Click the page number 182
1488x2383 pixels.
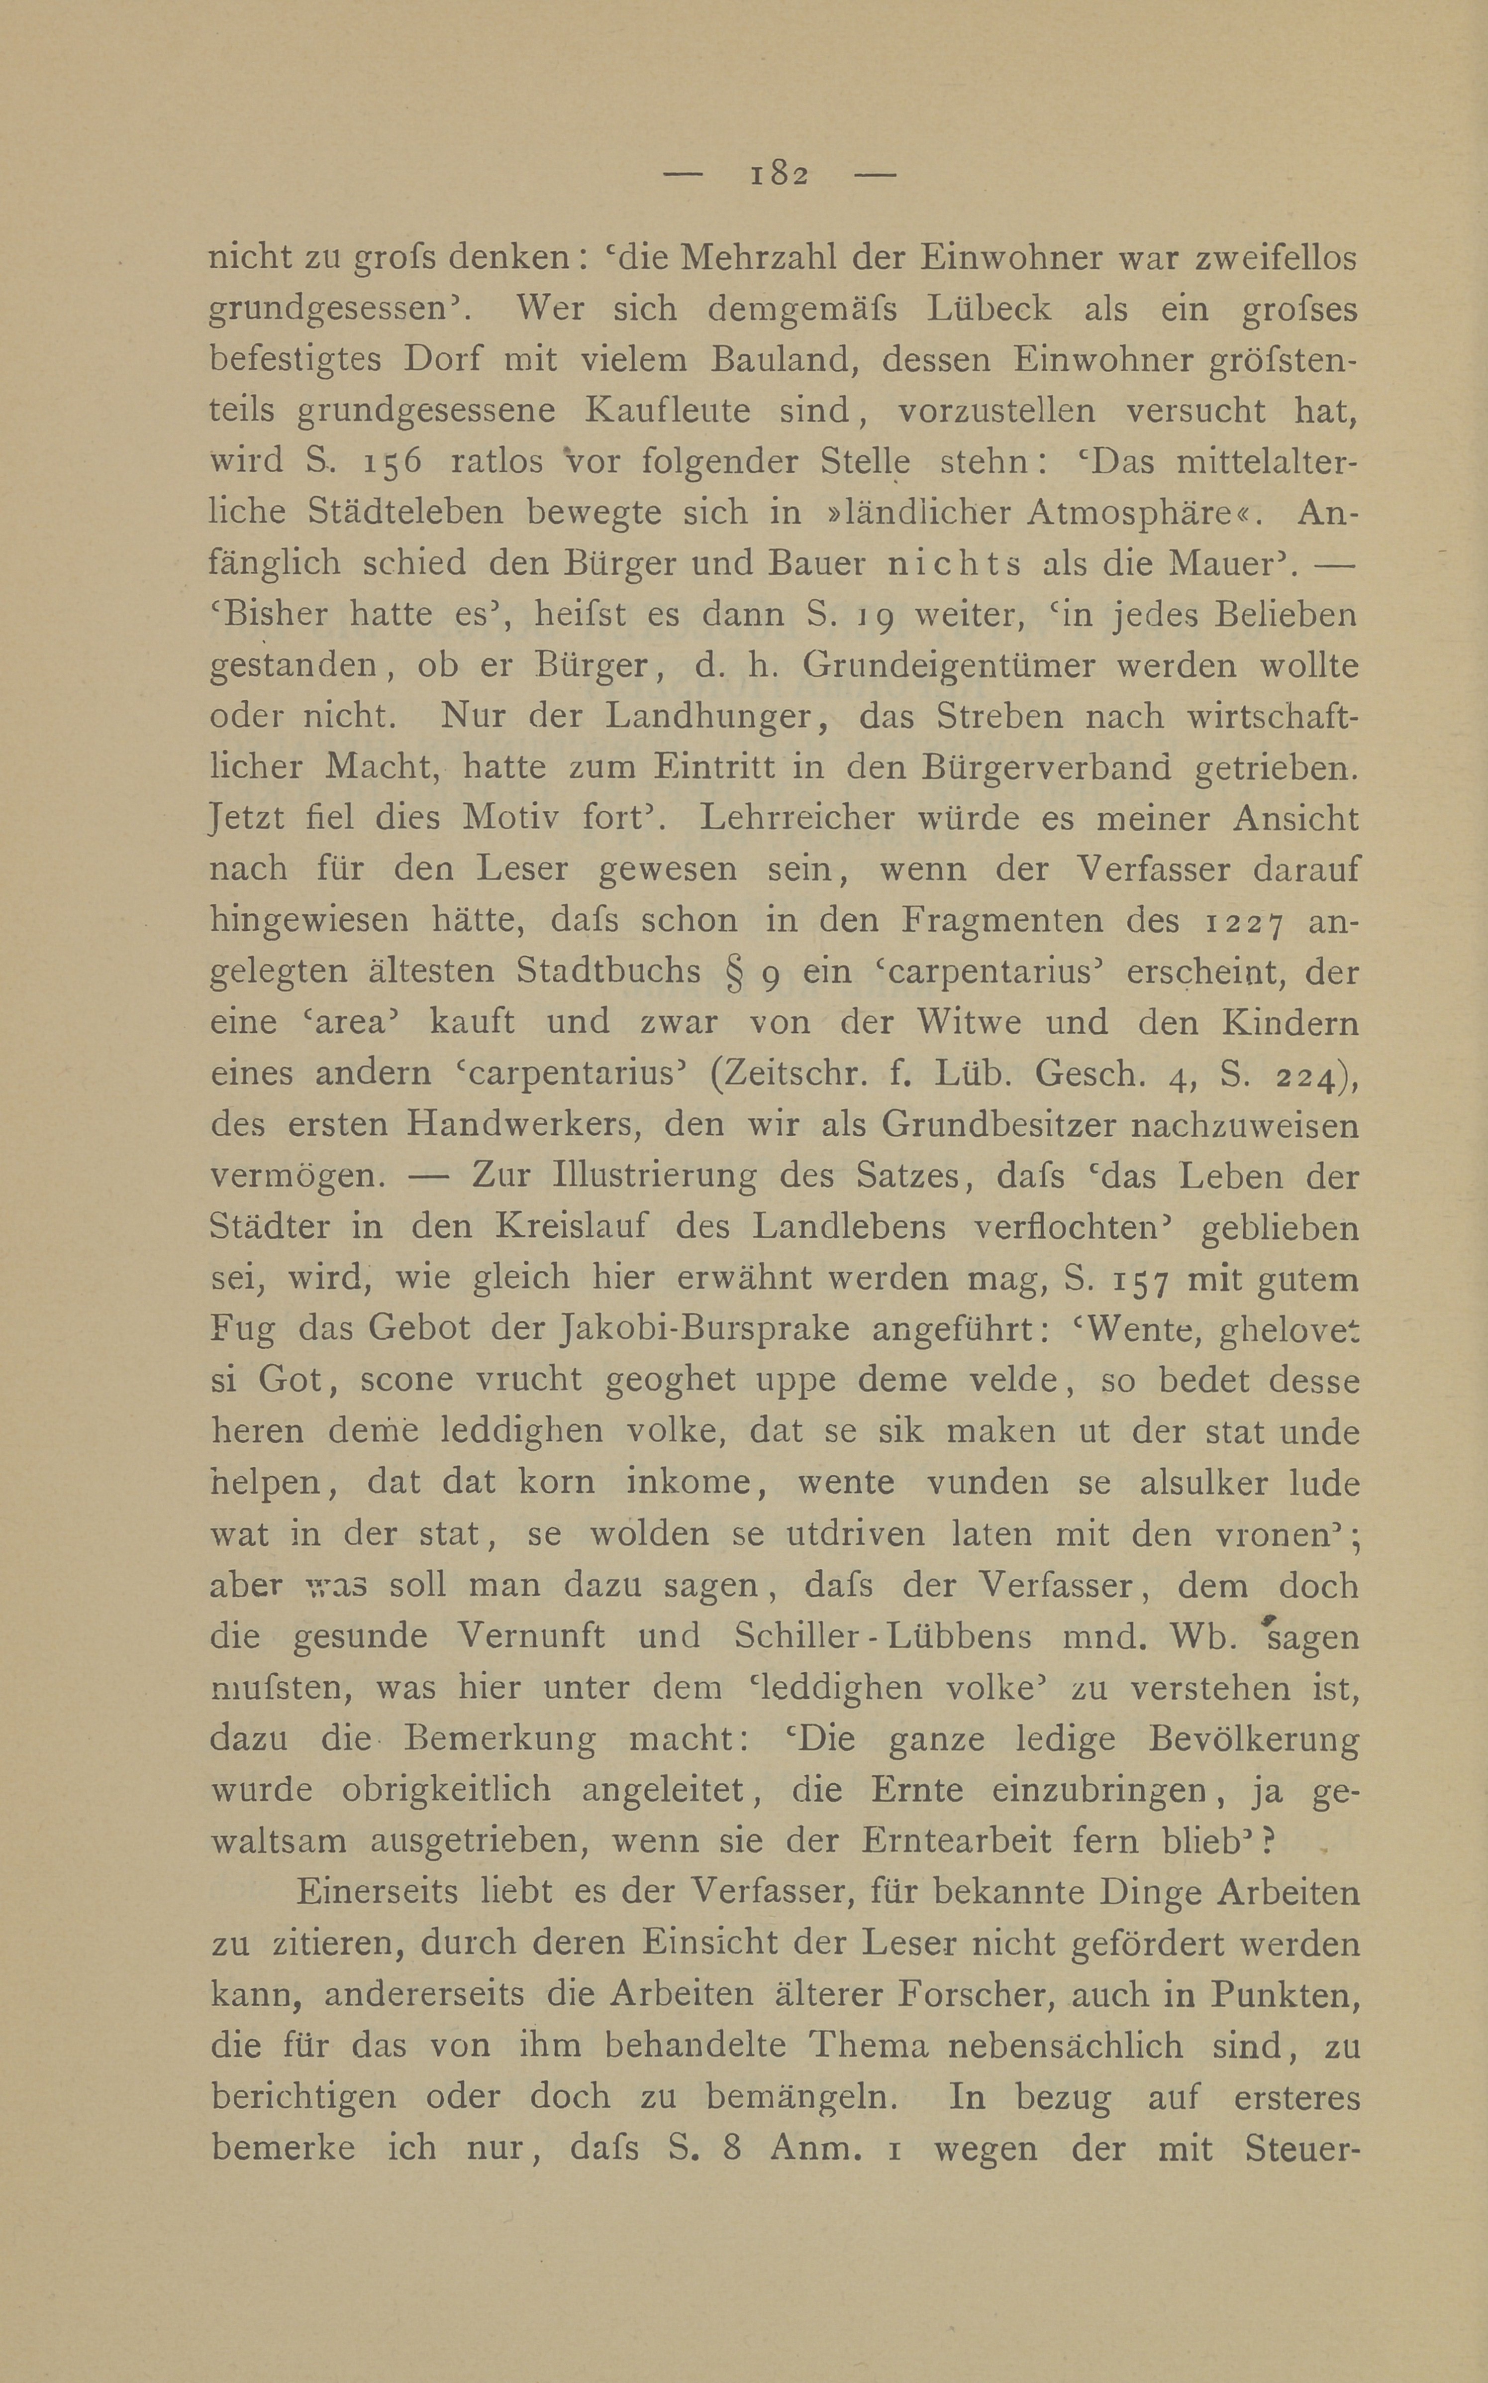point(778,175)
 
